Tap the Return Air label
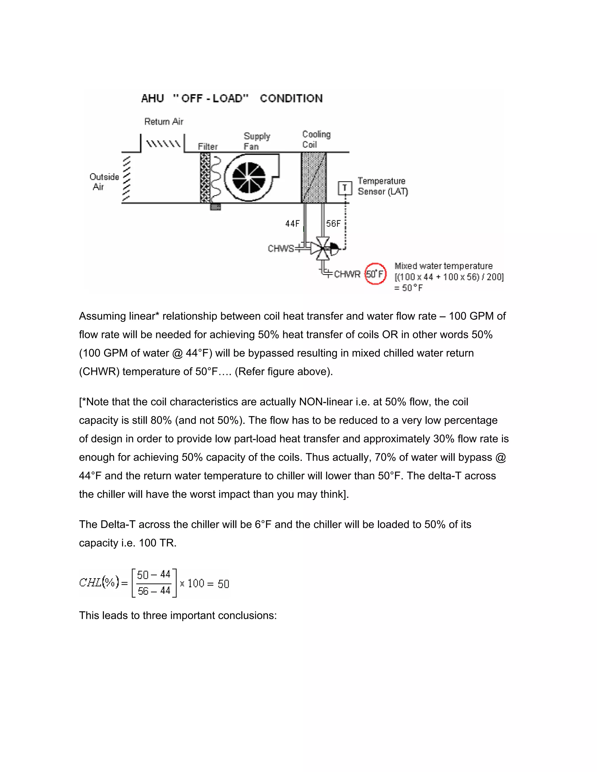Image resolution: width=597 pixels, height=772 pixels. [164, 121]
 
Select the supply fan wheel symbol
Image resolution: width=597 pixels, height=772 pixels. [249, 177]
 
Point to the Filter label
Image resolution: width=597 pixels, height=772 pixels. [208, 146]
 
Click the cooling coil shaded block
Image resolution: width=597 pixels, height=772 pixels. [313, 177]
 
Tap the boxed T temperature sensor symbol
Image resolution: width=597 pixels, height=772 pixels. [345, 188]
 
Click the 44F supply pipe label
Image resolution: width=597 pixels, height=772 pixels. [292, 223]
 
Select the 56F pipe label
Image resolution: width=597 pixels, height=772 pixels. [333, 223]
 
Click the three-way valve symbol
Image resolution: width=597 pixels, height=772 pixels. [323, 248]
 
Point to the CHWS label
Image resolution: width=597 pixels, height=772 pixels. [281, 248]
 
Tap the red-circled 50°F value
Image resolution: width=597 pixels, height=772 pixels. [375, 274]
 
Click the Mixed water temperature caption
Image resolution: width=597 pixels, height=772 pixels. [443, 266]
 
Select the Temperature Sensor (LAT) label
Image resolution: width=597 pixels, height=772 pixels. [382, 186]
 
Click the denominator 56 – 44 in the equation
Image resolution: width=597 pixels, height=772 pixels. [154, 591]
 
